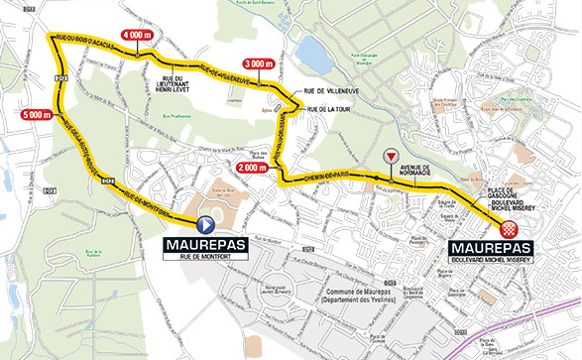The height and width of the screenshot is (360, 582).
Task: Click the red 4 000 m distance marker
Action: tap(137, 35)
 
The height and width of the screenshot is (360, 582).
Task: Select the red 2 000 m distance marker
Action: tap(253, 168)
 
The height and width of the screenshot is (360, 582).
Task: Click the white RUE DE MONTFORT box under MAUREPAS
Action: tap(204, 256)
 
